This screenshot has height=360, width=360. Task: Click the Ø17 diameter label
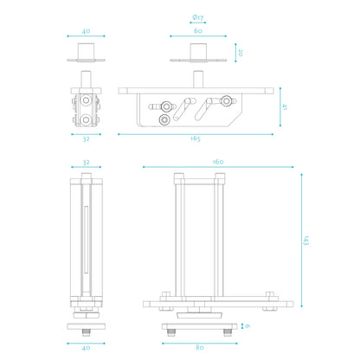197,17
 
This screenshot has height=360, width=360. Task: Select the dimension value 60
197,30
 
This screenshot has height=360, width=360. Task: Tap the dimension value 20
240,52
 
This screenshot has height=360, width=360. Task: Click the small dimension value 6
248,325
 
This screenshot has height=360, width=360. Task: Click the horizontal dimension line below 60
198,37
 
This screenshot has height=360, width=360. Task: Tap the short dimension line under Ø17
198,23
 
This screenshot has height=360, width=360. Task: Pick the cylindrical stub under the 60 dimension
198,51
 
